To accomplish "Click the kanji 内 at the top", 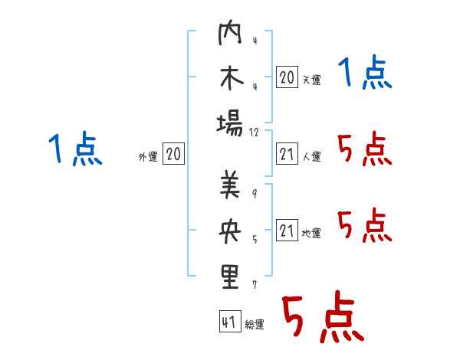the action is pyautogui.click(x=230, y=32).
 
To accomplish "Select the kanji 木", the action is pyautogui.click(x=232, y=78).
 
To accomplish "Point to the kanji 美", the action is pyautogui.click(x=230, y=185).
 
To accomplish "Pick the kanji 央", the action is pyautogui.click(x=230, y=231).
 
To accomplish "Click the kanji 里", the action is pyautogui.click(x=230, y=277).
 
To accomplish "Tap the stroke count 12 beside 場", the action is pyautogui.click(x=254, y=133).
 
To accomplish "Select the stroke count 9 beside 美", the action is pyautogui.click(x=255, y=194).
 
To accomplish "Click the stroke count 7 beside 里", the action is pyautogui.click(x=255, y=285).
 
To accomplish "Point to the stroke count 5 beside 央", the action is pyautogui.click(x=255, y=240).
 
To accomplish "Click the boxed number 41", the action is pyautogui.click(x=230, y=322).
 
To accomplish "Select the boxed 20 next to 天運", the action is pyautogui.click(x=287, y=77).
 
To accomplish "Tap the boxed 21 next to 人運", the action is pyautogui.click(x=287, y=154).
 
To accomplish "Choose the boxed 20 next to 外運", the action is pyautogui.click(x=173, y=154).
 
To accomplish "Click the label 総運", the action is pyautogui.click(x=255, y=325).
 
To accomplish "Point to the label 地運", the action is pyautogui.click(x=311, y=234).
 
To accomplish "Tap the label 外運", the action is pyautogui.click(x=148, y=157).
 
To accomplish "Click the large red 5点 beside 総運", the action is pyautogui.click(x=323, y=317).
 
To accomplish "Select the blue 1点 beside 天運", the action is pyautogui.click(x=365, y=73).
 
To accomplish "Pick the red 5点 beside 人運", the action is pyautogui.click(x=365, y=149).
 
